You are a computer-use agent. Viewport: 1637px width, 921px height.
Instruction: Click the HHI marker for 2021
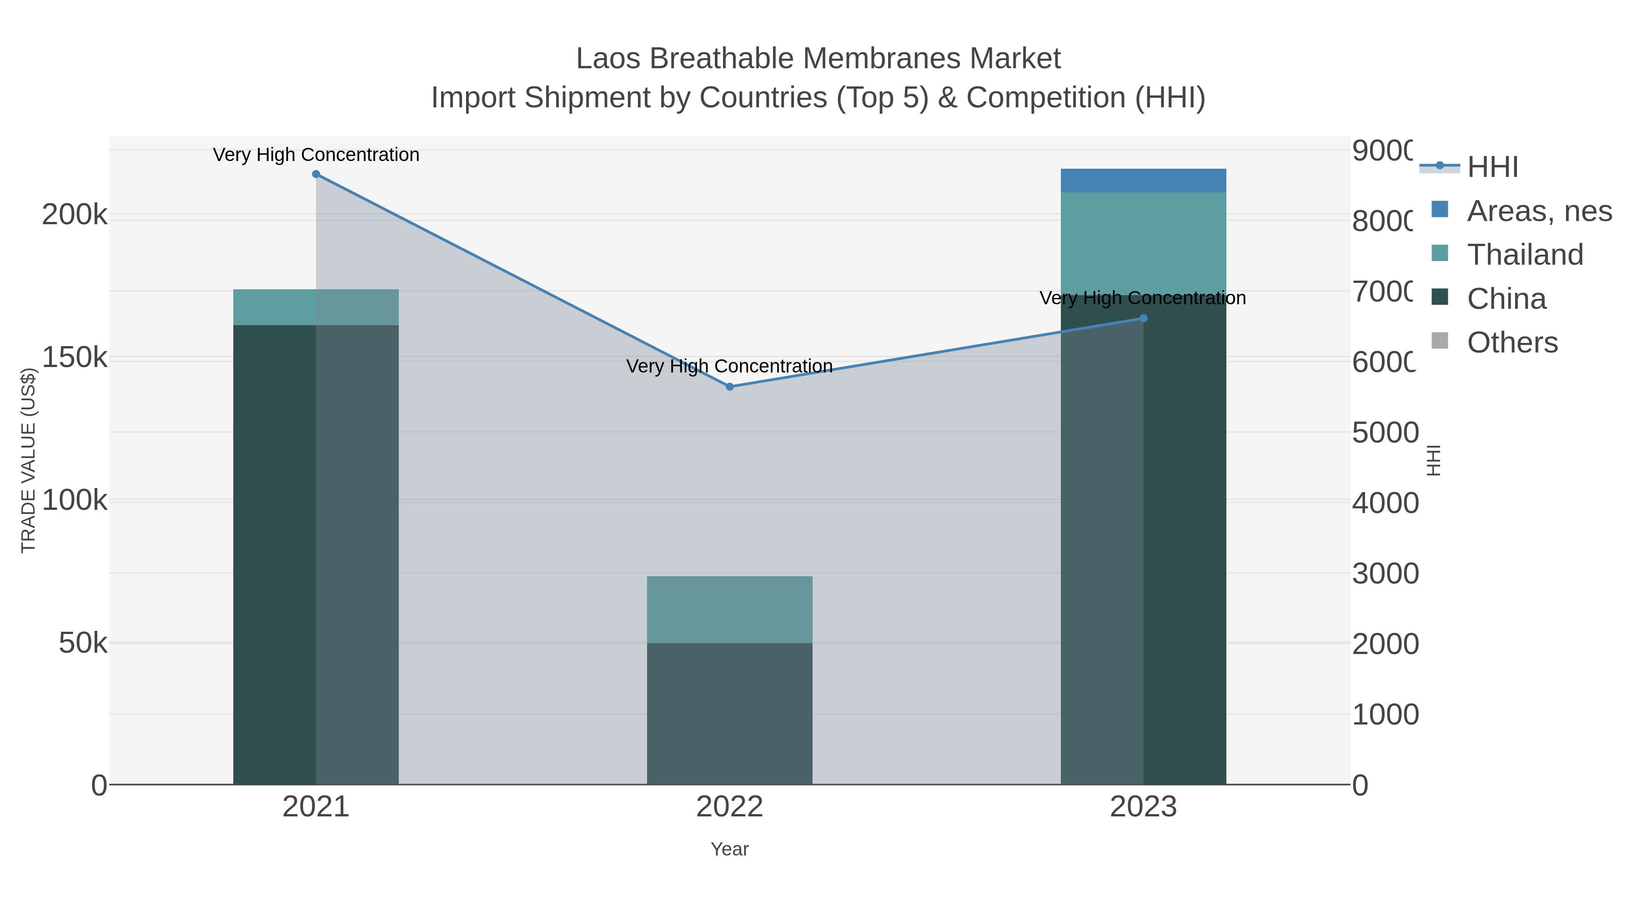click(x=316, y=174)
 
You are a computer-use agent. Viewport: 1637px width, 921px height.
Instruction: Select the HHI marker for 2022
click(x=729, y=387)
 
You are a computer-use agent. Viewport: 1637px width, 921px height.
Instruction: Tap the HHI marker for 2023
click(x=1143, y=318)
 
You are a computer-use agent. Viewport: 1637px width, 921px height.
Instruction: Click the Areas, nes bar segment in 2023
click(x=1143, y=181)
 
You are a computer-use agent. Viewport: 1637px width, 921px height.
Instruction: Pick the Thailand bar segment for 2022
click(x=729, y=609)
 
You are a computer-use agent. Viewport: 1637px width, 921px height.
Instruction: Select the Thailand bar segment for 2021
click(x=316, y=307)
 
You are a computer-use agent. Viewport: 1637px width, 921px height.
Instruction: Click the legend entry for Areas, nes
click(x=1538, y=211)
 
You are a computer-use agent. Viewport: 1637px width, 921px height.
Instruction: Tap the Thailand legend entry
click(x=1525, y=255)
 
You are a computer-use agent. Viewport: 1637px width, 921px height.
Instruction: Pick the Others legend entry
click(x=1512, y=342)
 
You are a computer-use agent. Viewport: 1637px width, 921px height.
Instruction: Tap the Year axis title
click(x=729, y=849)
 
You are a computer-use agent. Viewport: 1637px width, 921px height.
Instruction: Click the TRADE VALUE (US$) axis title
click(x=29, y=460)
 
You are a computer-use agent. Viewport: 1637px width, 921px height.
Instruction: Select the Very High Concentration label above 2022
click(x=729, y=366)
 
